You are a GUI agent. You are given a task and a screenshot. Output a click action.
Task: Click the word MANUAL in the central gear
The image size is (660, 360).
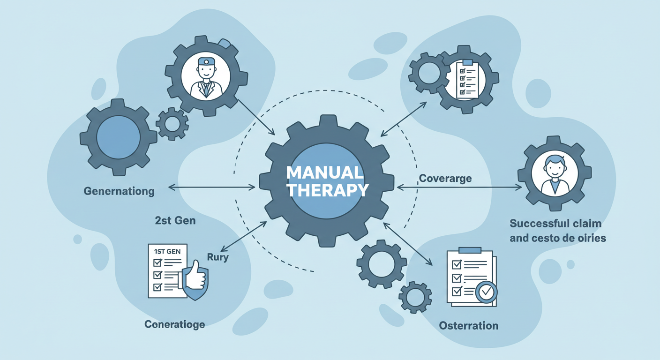tap(325, 173)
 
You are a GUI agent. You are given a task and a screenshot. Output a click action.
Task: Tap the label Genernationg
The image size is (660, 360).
tap(119, 191)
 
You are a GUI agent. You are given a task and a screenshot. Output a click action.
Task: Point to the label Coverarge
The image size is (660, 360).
tap(445, 179)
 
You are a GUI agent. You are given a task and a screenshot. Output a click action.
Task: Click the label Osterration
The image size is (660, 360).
tap(468, 325)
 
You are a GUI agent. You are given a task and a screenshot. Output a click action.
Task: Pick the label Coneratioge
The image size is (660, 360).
tap(174, 324)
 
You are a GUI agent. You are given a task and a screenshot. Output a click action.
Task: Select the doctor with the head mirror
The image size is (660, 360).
tap(205, 77)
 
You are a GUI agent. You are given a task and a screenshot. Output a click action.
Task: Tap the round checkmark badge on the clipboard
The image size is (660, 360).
tap(486, 292)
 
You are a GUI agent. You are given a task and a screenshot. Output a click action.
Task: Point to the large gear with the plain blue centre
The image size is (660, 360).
tap(119, 137)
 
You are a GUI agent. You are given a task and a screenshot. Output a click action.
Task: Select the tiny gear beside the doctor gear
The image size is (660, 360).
tap(172, 124)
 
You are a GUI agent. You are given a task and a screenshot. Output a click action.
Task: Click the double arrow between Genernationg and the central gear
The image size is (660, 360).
tap(211, 187)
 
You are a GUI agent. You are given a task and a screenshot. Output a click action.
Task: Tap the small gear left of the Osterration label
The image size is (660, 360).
tap(415, 297)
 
